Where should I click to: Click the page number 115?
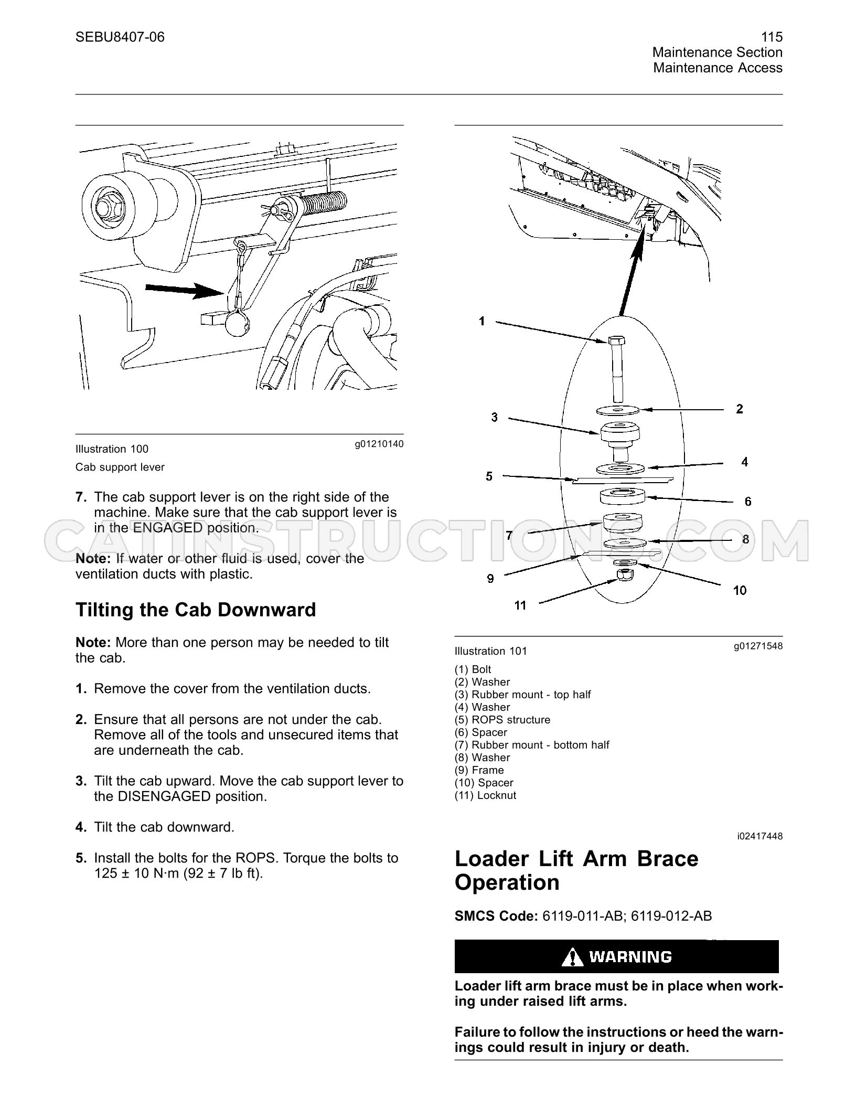tap(772, 37)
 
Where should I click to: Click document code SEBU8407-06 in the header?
tap(120, 37)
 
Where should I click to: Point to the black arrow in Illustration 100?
tap(185, 290)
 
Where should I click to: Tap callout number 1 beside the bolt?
tap(482, 321)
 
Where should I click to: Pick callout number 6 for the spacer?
tap(748, 502)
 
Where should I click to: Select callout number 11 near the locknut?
tap(520, 605)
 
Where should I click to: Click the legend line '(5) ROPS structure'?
tap(502, 720)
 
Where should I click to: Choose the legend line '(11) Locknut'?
tap(485, 795)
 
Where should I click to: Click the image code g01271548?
tap(758, 646)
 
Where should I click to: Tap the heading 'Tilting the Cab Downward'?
tap(196, 610)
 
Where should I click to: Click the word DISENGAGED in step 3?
tap(164, 796)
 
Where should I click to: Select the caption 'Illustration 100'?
tap(112, 449)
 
